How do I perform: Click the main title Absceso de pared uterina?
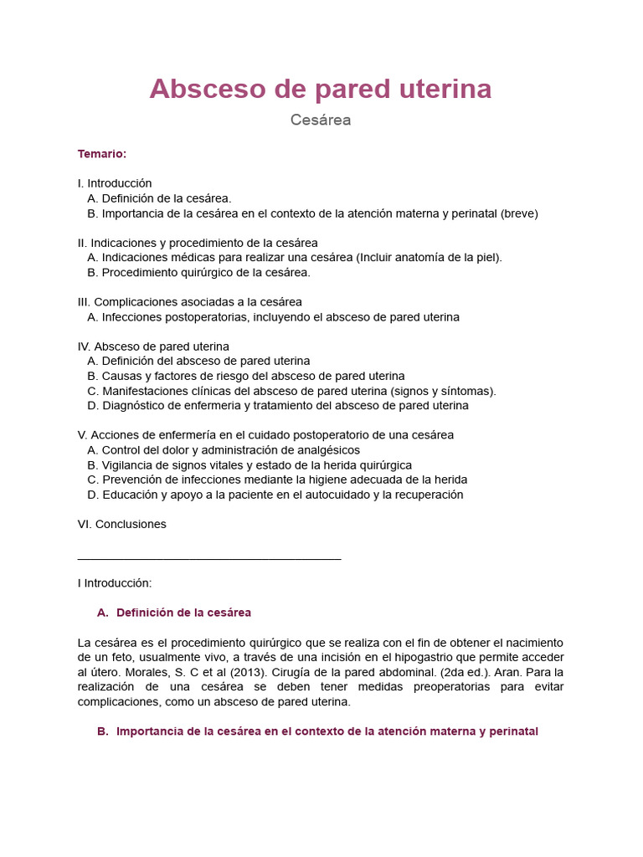click(321, 89)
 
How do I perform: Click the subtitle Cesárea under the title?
click(321, 120)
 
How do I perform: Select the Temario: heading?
click(102, 154)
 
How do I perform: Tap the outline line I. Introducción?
click(115, 183)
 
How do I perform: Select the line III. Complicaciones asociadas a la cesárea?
click(189, 301)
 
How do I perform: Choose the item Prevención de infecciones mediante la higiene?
click(276, 480)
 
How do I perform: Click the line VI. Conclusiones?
click(121, 524)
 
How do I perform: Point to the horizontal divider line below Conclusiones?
click(209, 558)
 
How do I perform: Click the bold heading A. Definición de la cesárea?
click(174, 613)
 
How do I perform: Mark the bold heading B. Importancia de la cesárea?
click(317, 731)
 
